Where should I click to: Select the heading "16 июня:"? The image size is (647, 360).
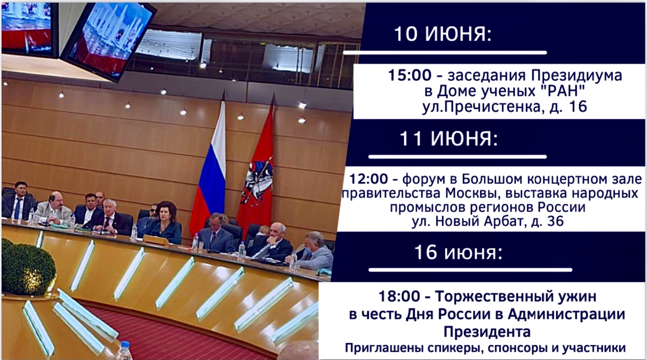(458, 253)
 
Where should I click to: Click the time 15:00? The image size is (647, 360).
(409, 76)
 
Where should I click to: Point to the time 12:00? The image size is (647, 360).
(368, 179)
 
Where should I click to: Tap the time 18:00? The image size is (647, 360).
(400, 297)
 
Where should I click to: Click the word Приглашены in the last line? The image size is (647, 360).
(377, 348)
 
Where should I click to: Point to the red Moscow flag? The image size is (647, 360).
(257, 167)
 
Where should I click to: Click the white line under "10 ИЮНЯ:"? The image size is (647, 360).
(445, 53)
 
